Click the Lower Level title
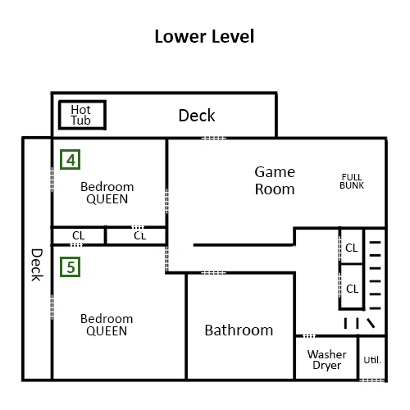pos(204,36)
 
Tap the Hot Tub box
pos(82,115)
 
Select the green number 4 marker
pos(71,160)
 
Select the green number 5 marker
pos(71,267)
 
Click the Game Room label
pos(275,180)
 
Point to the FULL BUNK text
pos(352,181)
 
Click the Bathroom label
pos(239,330)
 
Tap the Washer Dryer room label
pos(327,359)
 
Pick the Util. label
pos(372,360)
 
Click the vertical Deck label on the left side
pos(37,265)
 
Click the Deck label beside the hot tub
pos(197,116)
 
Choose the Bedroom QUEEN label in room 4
pos(107,193)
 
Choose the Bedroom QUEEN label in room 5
pos(107,325)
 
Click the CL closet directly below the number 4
pos(79,235)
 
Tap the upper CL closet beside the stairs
pos(352,248)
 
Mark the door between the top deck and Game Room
pos(214,139)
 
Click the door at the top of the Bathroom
pos(214,273)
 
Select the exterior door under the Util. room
pos(371,380)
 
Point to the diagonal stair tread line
pos(371,323)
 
